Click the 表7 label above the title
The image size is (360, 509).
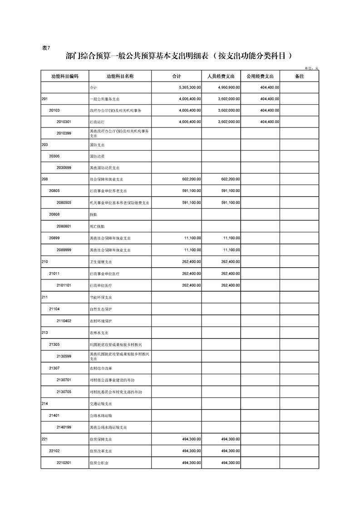46,49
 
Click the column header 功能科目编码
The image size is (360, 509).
64,76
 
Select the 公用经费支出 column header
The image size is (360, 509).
260,76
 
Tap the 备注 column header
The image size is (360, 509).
299,76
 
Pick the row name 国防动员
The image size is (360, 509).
97,157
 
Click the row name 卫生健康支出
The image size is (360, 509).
101,262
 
